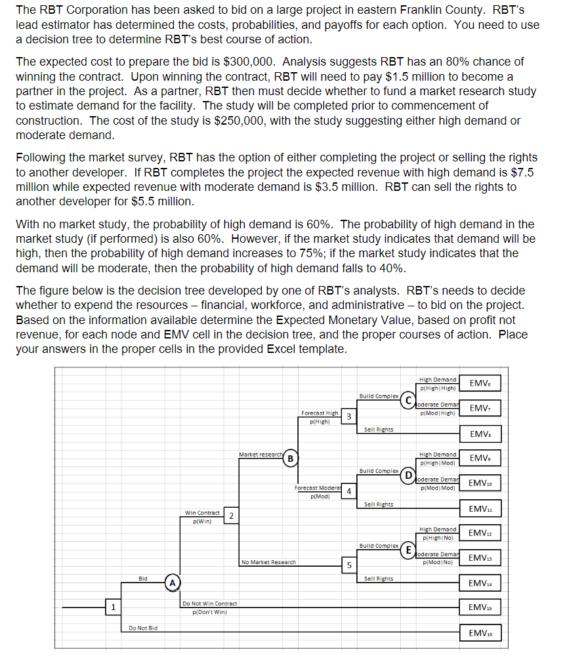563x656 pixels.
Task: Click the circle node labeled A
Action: click(173, 582)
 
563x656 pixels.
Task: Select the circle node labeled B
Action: click(290, 457)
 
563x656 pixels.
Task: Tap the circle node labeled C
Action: click(409, 400)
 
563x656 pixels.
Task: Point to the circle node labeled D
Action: click(409, 474)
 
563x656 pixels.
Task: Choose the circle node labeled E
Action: click(409, 549)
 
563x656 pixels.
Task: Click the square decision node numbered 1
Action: click(114, 607)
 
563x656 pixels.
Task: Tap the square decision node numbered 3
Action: click(349, 417)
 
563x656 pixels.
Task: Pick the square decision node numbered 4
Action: click(349, 491)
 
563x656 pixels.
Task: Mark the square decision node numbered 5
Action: click(349, 565)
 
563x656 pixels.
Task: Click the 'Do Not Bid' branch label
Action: click(142, 628)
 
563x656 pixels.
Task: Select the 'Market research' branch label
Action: click(261, 454)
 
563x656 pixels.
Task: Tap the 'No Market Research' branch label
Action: click(268, 562)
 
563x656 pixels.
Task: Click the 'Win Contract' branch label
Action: click(202, 512)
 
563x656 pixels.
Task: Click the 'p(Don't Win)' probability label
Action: click(209, 611)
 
